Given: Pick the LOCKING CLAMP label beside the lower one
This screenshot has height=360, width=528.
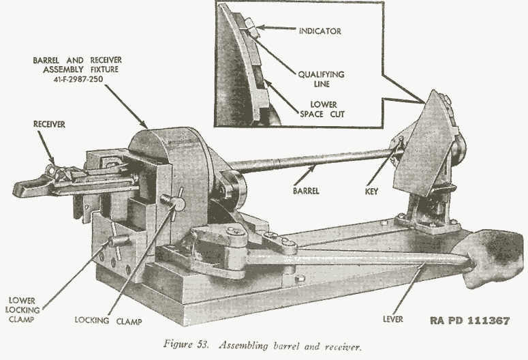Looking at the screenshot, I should coord(103,318).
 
